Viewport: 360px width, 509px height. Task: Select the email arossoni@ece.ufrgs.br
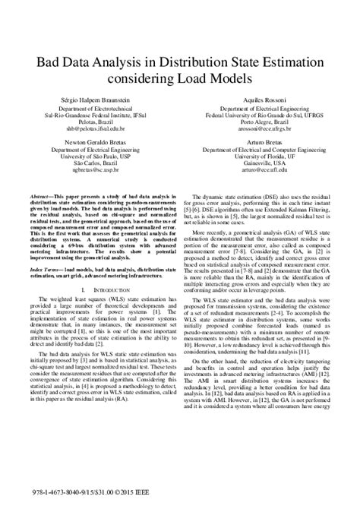tap(258, 129)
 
